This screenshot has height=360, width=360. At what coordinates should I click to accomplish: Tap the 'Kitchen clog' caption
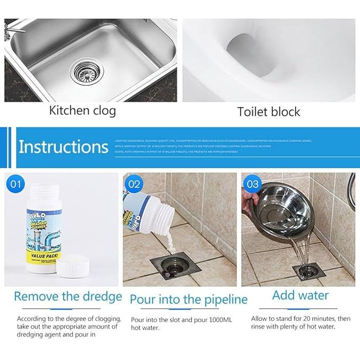[x=82, y=111]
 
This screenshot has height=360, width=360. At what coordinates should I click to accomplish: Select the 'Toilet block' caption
[x=268, y=112]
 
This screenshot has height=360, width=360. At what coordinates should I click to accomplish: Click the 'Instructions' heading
[x=63, y=147]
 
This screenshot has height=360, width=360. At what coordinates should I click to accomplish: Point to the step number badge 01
[x=17, y=185]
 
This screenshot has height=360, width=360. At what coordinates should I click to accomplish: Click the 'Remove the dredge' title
[x=68, y=296]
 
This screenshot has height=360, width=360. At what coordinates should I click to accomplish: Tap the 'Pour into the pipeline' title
[x=188, y=299]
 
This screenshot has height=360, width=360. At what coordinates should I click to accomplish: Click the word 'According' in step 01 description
[x=32, y=319]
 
